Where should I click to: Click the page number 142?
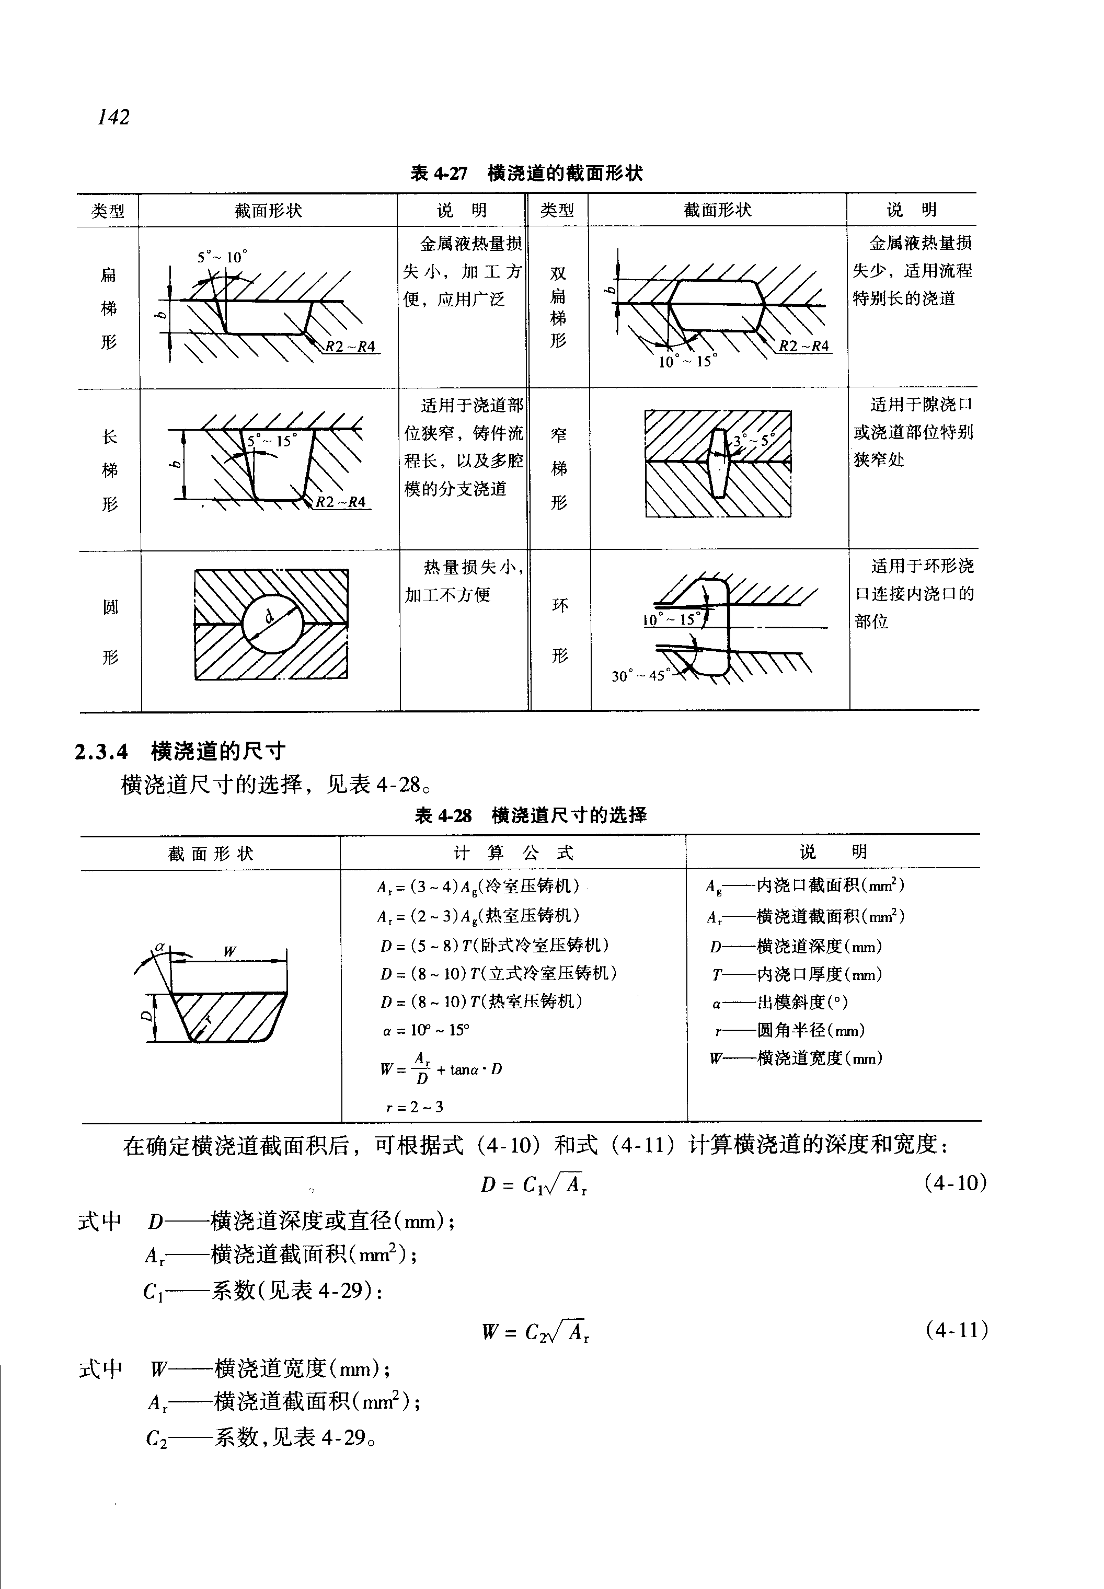pyautogui.click(x=113, y=117)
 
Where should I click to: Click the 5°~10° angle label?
pyautogui.click(x=221, y=257)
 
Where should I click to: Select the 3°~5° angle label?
pyautogui.click(x=753, y=439)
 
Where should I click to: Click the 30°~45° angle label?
pyautogui.click(x=637, y=675)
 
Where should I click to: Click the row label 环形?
pyautogui.click(x=560, y=630)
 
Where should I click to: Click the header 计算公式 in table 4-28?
pyautogui.click(x=513, y=853)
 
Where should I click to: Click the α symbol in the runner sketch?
pyautogui.click(x=160, y=946)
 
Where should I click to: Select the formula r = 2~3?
pyautogui.click(x=415, y=1107)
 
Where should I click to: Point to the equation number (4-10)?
pyautogui.click(x=955, y=1183)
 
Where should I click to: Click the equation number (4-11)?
pyautogui.click(x=956, y=1330)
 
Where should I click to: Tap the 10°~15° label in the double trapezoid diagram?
pyautogui.click(x=687, y=361)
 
